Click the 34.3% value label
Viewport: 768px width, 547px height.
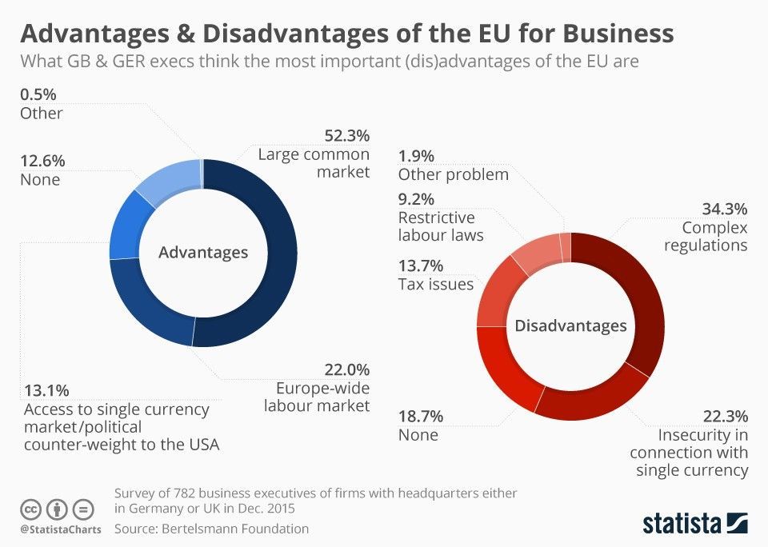724,210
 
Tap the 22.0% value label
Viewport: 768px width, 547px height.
346,369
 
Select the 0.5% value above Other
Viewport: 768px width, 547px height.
38,94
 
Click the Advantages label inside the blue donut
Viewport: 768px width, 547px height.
203,253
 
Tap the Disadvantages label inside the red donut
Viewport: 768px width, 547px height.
570,325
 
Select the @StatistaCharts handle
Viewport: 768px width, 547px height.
56,529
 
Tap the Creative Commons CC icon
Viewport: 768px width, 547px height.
30,509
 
